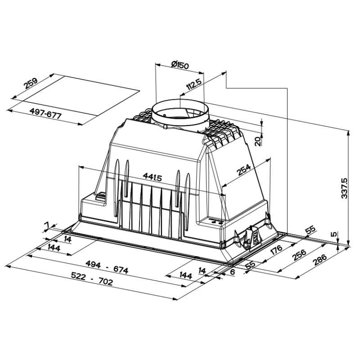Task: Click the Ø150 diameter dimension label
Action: (x=180, y=65)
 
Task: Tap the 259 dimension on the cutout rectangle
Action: (x=31, y=84)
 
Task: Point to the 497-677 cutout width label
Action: (x=46, y=113)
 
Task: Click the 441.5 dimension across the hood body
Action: (x=153, y=177)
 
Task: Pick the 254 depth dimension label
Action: (x=244, y=170)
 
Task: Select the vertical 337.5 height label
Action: (x=344, y=188)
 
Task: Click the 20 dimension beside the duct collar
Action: (x=258, y=141)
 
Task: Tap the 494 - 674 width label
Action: (x=107, y=267)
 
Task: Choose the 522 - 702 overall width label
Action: (x=92, y=279)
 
